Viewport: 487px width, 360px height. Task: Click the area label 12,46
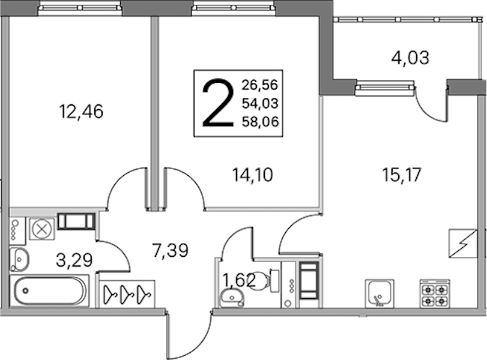click(x=81, y=112)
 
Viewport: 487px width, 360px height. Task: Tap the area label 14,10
click(x=252, y=175)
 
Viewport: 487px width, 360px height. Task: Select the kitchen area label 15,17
click(x=401, y=175)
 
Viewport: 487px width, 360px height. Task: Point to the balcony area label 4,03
click(x=410, y=58)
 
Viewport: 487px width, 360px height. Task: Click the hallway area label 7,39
click(x=170, y=250)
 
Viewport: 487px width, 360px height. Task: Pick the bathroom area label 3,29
click(x=74, y=260)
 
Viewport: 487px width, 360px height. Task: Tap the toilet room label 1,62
click(x=239, y=280)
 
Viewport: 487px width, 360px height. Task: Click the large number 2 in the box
click(x=218, y=103)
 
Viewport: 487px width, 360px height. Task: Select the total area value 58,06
click(x=260, y=122)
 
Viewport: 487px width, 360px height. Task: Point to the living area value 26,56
click(x=260, y=85)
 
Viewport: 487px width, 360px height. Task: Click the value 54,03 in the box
click(x=260, y=103)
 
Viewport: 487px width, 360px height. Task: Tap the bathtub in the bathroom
click(x=49, y=291)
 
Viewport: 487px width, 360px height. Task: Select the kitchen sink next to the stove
click(x=380, y=293)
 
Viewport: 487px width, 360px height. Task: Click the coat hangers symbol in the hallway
click(x=127, y=293)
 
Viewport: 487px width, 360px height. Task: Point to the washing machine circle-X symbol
click(x=42, y=229)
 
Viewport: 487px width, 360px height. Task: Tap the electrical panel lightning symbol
click(x=463, y=244)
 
